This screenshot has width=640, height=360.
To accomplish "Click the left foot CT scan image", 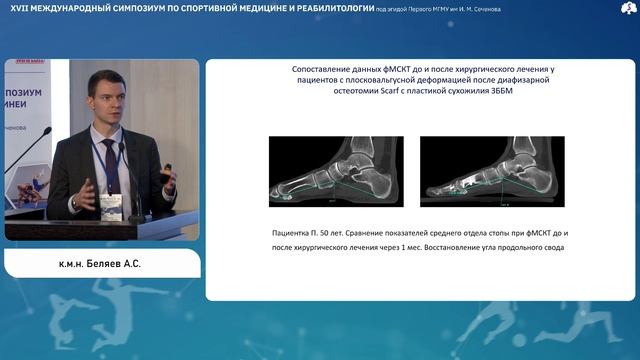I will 335,170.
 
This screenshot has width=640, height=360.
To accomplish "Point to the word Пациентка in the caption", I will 295,232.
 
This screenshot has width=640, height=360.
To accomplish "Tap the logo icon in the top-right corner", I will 627,9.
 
